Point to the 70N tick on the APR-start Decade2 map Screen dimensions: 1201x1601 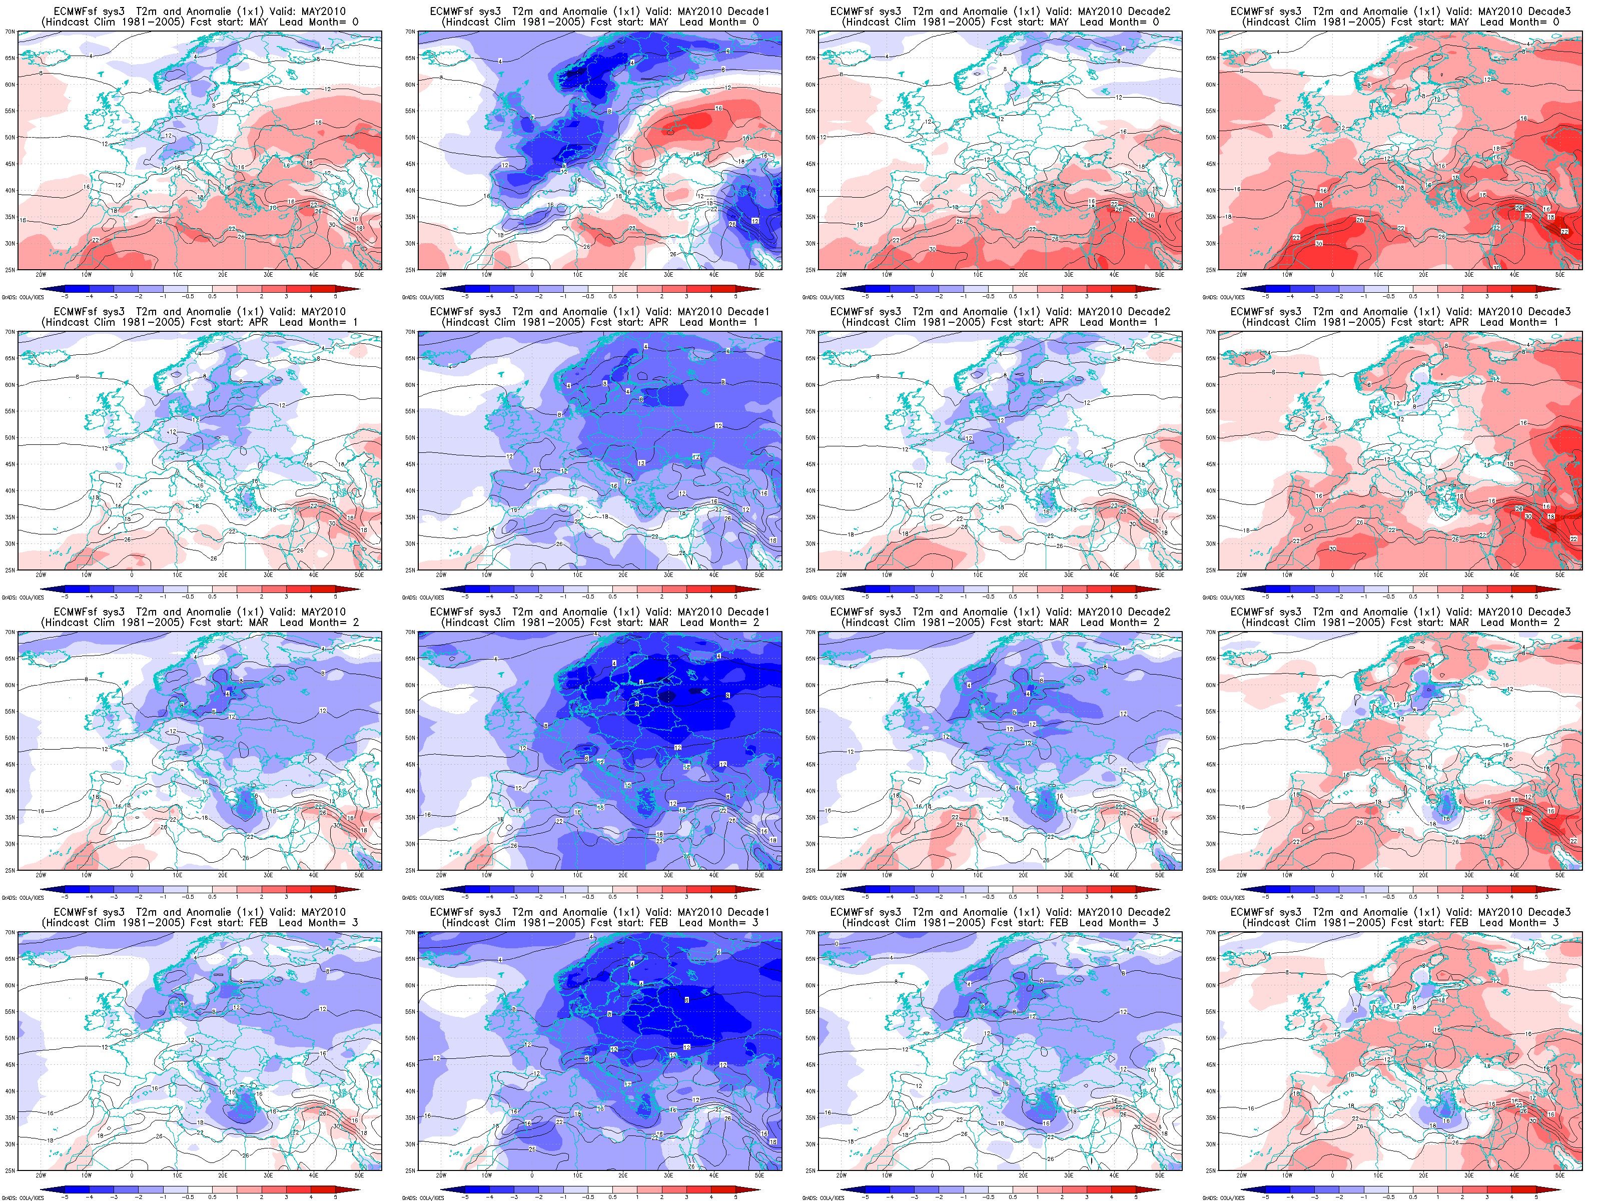pos(811,332)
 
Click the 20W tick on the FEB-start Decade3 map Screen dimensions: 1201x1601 pos(1241,1175)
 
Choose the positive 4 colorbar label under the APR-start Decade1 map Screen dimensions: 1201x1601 pos(711,597)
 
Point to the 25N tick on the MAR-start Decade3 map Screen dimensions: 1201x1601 pos(1211,870)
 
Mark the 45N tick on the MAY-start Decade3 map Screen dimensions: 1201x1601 pos(1211,164)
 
